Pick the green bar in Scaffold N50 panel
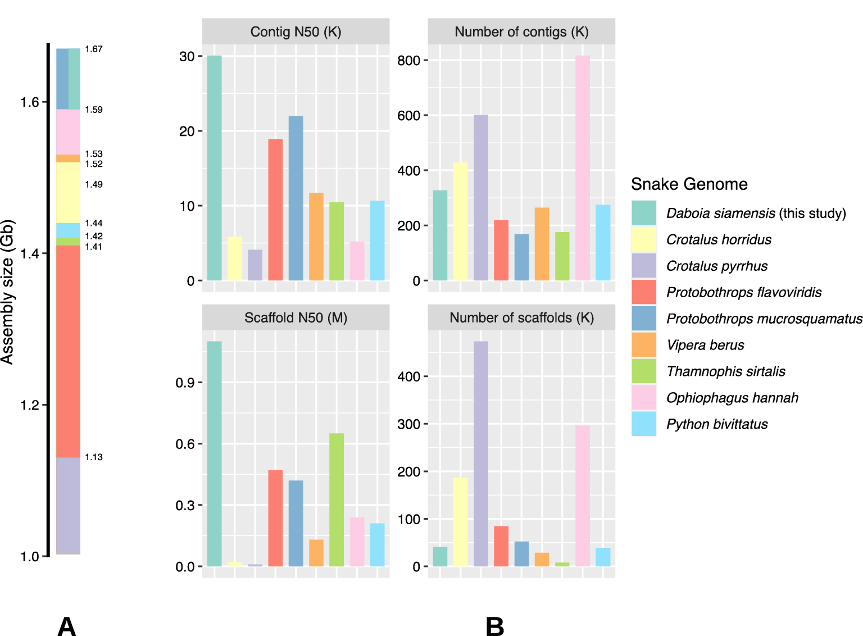337,499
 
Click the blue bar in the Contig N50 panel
296,198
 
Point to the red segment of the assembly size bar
68,351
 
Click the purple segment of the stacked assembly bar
68,506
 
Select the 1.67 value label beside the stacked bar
94,49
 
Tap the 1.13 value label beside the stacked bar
94,457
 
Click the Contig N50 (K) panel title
296,32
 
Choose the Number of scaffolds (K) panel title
521,318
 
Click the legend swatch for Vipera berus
644,345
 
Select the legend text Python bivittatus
717,424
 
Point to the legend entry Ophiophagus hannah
732,398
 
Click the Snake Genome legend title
689,184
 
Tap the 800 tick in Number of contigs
408,61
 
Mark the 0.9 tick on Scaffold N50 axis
185,383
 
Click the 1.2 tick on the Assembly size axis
30,405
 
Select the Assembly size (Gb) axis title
7,292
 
